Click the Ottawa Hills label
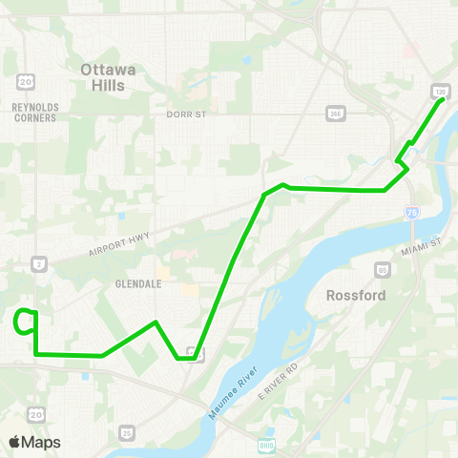click(x=110, y=76)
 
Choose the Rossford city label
click(x=356, y=296)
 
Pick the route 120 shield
click(x=438, y=90)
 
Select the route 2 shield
click(x=37, y=262)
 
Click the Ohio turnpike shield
click(x=266, y=445)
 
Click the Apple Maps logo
click(x=34, y=443)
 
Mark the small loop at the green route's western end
click(x=26, y=323)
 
